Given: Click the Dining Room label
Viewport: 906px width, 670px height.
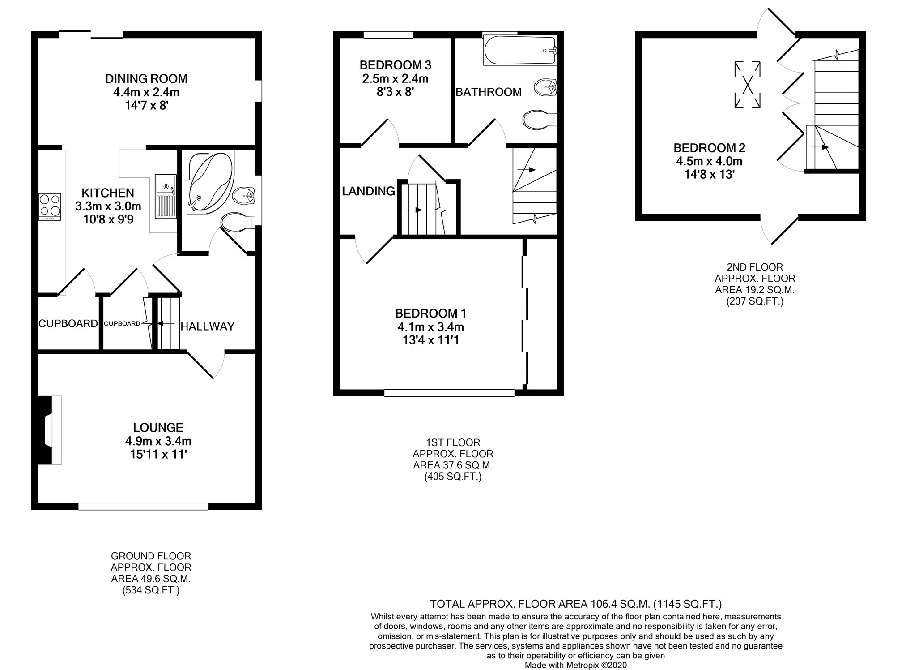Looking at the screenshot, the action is tap(146, 79).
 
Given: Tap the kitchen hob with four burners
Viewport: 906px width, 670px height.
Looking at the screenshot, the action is tap(50, 206).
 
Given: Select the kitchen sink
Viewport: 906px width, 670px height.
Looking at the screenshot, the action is tap(166, 197).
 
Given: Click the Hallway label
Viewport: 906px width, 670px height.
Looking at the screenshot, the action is tap(208, 326).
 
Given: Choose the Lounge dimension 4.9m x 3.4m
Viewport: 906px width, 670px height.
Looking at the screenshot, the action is tap(158, 441).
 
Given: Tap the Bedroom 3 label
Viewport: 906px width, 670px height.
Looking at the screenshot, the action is tap(396, 65).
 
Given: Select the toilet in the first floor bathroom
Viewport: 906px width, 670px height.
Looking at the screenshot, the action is tap(539, 120).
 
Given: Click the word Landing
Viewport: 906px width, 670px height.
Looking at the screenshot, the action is tap(368, 191).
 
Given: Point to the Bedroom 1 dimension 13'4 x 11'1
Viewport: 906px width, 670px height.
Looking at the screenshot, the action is tap(431, 340).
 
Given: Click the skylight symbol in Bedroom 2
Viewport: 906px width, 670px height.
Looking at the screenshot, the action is tap(747, 85).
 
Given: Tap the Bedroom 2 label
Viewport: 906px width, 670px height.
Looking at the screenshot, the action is tap(710, 148).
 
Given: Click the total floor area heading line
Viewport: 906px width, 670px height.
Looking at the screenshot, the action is tap(576, 604).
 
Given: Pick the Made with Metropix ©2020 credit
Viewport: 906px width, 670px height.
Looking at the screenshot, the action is tap(576, 665).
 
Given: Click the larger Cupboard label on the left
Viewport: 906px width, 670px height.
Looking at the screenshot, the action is tap(68, 323).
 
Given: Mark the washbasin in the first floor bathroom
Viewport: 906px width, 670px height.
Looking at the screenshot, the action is tap(545, 87).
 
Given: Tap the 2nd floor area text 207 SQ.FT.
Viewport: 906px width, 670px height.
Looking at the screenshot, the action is tap(755, 301).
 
